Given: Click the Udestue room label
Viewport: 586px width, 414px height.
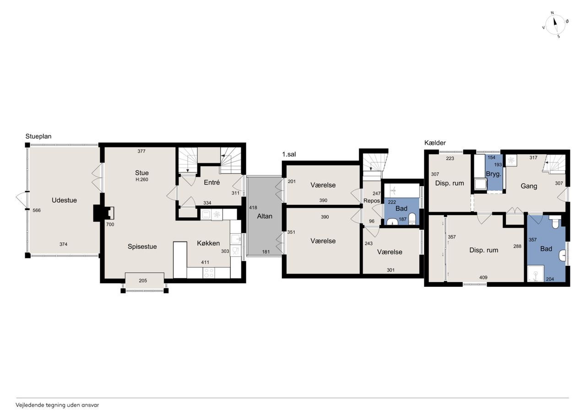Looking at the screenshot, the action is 64,200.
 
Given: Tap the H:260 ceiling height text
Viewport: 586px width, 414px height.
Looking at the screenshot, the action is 142,180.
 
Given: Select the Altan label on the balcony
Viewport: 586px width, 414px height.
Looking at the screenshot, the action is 265,216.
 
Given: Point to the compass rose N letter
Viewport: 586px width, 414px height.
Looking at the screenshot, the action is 552,12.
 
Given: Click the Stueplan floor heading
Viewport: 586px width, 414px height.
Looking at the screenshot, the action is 38,136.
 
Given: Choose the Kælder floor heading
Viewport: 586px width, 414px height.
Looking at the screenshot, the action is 435,143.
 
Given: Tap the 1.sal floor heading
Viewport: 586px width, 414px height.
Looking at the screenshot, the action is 289,154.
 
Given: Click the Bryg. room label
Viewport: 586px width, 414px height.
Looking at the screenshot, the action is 494,174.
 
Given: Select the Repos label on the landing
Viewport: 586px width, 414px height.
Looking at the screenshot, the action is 372,201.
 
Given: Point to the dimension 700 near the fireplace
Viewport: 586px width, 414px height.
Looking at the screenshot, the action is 110,224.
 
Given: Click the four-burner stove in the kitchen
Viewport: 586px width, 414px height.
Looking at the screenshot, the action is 209,273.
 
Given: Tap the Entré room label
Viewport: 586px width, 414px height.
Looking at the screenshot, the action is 212,183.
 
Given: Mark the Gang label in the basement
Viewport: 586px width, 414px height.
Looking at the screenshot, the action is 529,186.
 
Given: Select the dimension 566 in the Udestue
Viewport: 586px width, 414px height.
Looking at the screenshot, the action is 37,210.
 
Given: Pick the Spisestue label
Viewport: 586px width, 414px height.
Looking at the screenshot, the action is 142,247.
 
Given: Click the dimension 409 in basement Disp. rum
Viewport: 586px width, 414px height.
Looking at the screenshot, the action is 483,278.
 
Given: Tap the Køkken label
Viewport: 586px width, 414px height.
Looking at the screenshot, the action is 208,243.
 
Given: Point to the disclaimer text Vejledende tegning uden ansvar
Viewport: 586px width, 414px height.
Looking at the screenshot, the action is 57,405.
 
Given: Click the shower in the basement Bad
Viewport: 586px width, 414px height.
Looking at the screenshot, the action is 536,274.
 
